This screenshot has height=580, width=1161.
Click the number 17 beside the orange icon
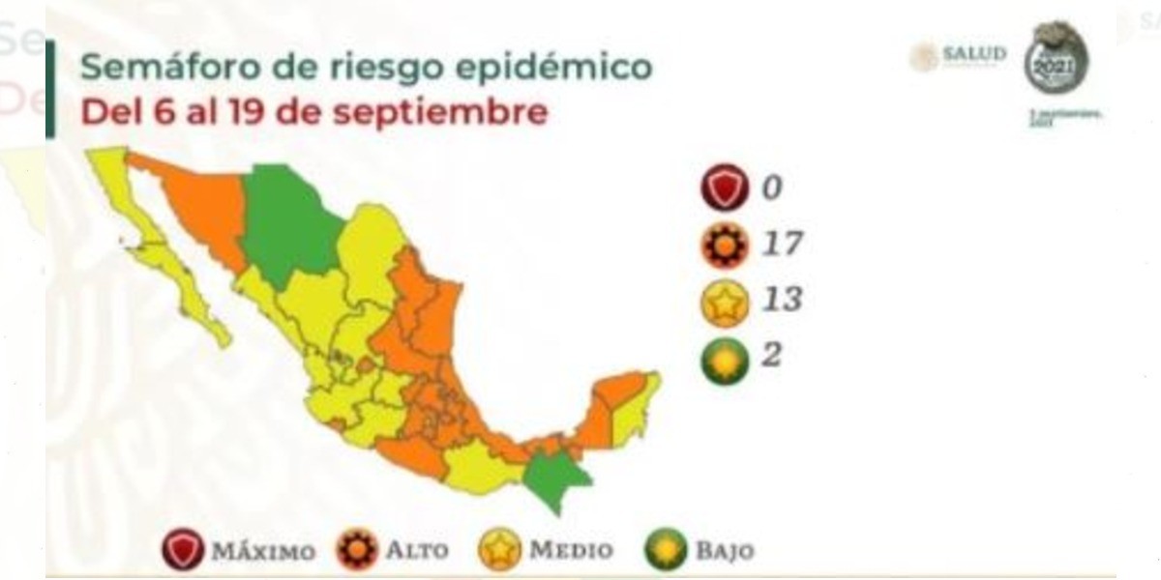point(781,243)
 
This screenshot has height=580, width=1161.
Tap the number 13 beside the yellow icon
point(781,299)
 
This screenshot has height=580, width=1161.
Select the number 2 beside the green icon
point(770,356)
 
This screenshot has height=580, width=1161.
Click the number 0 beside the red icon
point(770,187)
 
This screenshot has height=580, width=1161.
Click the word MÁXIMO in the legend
point(263,552)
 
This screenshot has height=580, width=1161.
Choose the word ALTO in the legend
point(417,552)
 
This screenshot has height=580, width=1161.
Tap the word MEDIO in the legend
point(571,552)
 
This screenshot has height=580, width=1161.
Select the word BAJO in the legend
point(724,552)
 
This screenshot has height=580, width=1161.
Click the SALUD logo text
point(974,54)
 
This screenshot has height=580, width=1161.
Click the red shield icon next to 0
point(725,188)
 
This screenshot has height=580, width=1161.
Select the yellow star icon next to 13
point(725,301)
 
